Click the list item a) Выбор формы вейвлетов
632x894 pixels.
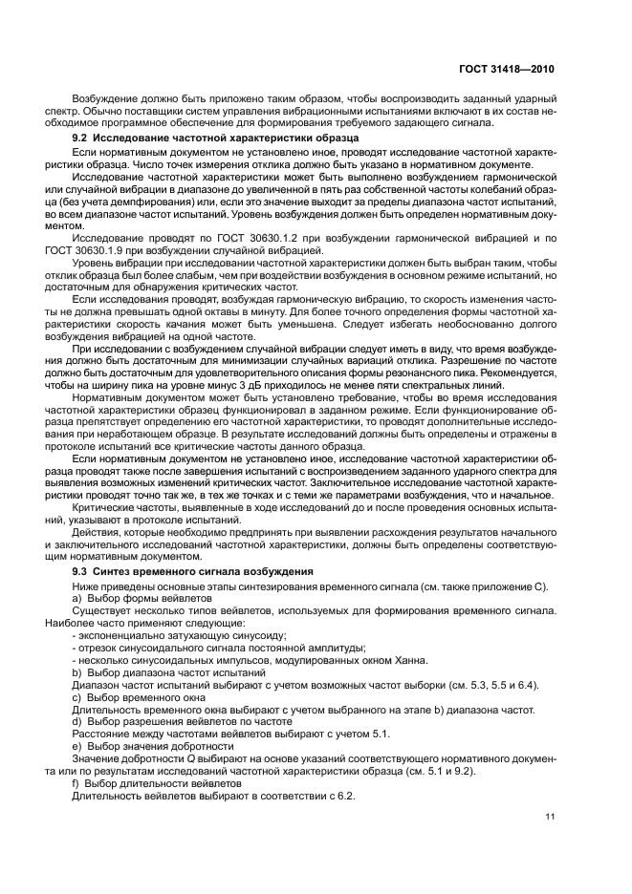129,596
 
